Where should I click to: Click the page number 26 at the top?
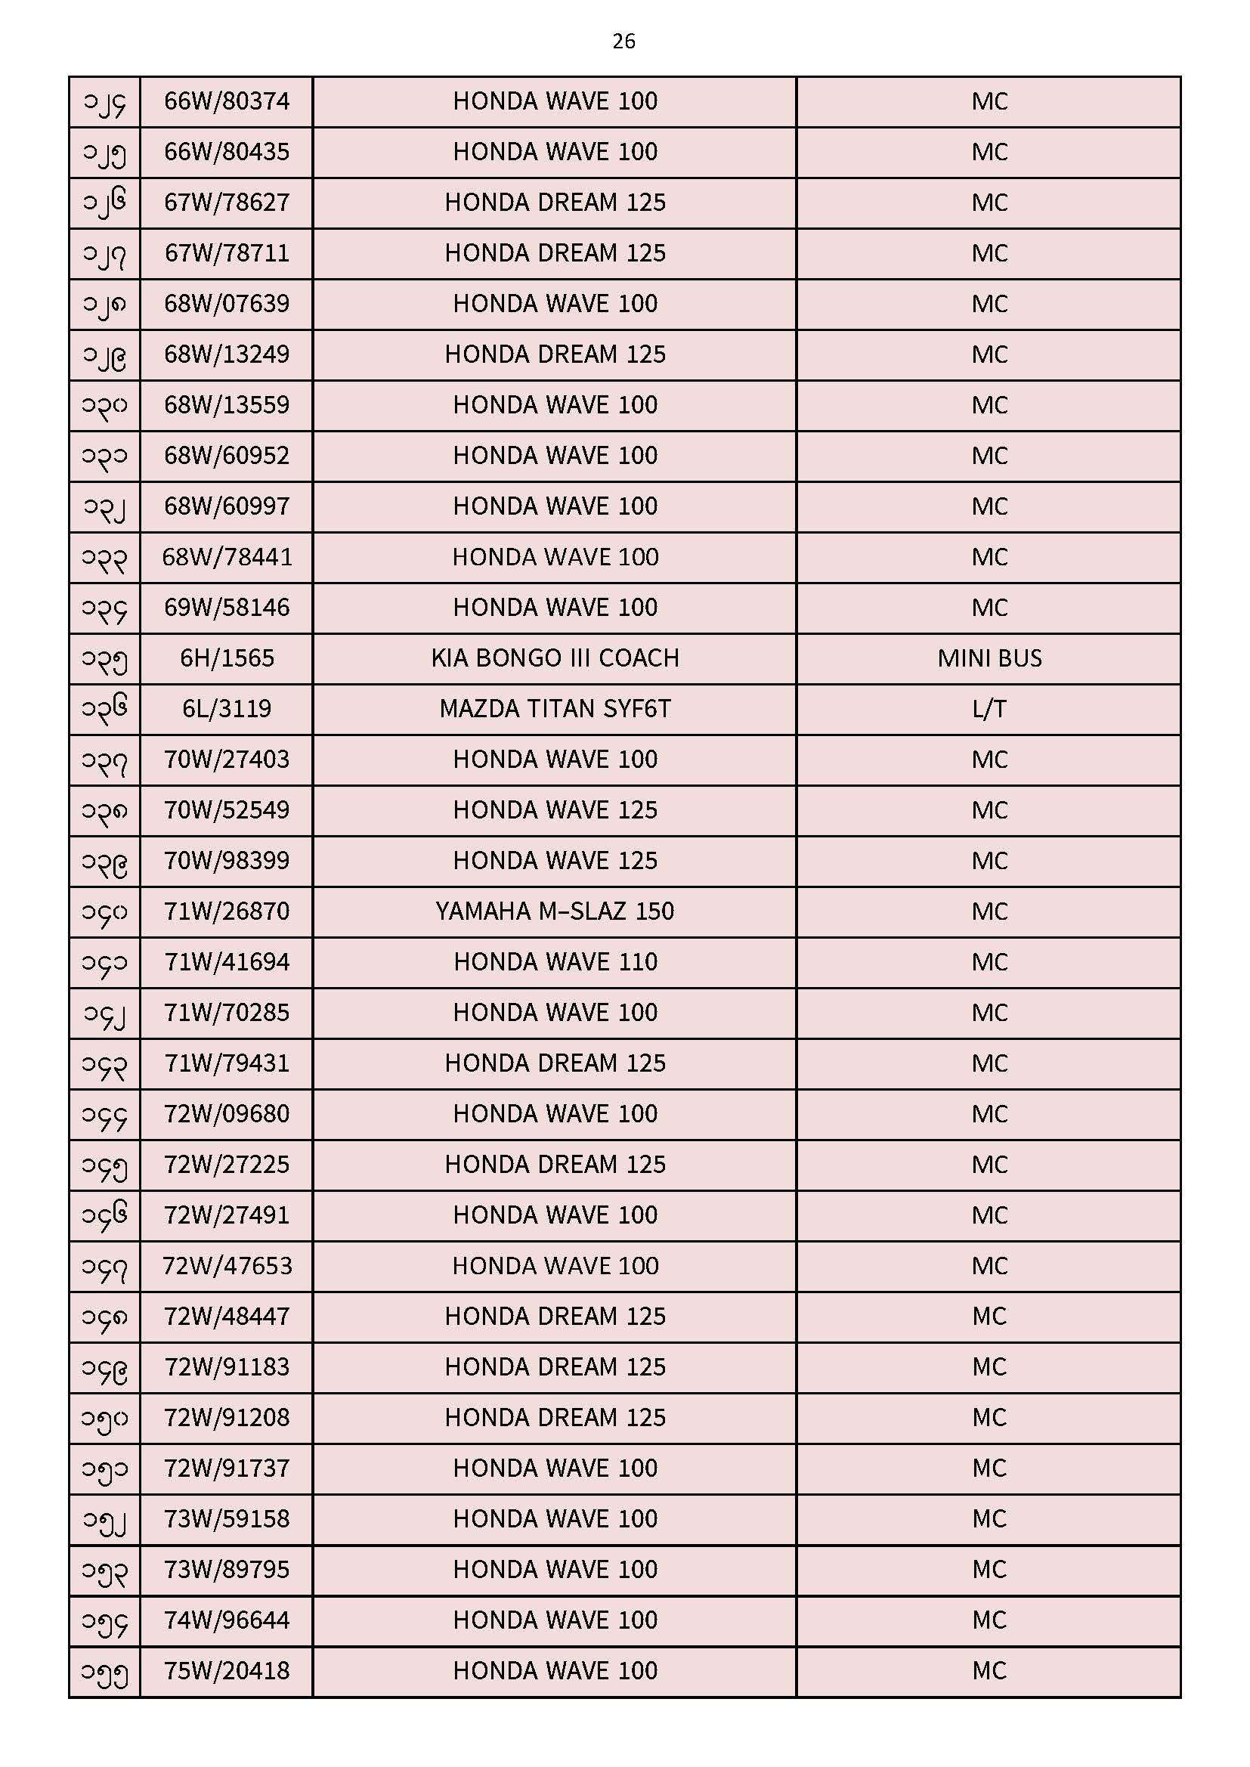(623, 42)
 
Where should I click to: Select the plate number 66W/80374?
(226, 101)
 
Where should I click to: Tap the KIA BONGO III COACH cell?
(554, 658)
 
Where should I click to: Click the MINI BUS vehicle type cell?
(989, 658)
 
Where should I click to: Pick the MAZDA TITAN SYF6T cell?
(554, 708)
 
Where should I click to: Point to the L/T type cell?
(989, 708)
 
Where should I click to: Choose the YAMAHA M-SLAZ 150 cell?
(554, 911)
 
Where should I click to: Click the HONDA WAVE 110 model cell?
(554, 962)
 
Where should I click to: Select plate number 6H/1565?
(226, 658)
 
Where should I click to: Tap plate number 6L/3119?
(226, 708)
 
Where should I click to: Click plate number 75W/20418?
(226, 1671)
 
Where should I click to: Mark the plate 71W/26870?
(226, 911)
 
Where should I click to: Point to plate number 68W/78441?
(226, 556)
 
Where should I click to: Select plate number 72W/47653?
(226, 1266)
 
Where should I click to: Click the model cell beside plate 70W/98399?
(554, 860)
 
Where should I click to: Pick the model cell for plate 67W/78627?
(554, 202)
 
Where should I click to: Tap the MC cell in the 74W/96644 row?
(989, 1620)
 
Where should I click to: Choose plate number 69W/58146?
(226, 607)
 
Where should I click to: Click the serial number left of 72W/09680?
(104, 1114)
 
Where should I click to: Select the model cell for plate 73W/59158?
(554, 1519)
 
